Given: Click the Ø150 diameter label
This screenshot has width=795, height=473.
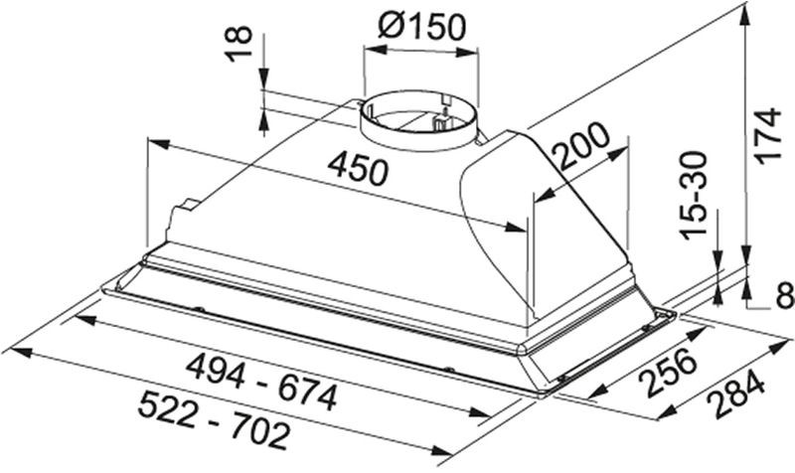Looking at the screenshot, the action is pos(421,27).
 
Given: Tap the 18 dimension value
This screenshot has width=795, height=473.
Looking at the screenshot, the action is pos(238,44).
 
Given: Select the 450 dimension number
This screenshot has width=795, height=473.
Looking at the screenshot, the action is pos(358,168).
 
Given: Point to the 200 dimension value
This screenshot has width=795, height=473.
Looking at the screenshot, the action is pos(581,146).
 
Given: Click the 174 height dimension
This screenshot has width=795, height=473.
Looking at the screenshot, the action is pos(767,135).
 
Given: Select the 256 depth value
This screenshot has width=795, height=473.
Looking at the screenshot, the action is pos(668,372).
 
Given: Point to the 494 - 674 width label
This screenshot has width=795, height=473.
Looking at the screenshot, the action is pos(261,383).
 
